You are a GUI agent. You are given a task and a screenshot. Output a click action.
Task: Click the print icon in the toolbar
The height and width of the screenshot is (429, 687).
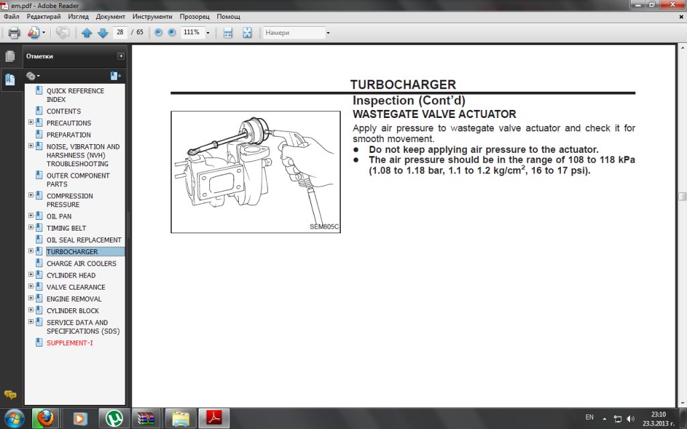click(x=14, y=32)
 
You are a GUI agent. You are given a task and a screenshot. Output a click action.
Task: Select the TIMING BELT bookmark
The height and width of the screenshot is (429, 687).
click(x=66, y=228)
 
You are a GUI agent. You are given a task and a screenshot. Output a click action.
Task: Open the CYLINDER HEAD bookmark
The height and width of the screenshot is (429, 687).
click(x=71, y=275)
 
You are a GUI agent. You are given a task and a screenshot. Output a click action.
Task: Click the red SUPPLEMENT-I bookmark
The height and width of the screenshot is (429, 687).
click(x=70, y=343)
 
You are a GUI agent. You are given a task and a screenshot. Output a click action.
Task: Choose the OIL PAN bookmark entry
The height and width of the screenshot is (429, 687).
click(x=59, y=217)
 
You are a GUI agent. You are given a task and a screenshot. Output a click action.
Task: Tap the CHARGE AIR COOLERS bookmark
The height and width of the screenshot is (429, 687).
click(x=81, y=263)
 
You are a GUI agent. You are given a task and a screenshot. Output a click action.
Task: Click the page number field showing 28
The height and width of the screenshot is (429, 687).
click(x=120, y=32)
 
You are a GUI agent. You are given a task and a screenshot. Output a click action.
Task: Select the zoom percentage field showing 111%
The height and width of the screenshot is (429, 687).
click(x=191, y=32)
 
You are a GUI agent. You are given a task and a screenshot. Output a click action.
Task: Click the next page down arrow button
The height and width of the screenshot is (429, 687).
click(x=103, y=33)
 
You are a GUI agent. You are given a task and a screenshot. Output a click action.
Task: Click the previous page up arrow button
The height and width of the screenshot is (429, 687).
click(x=87, y=33)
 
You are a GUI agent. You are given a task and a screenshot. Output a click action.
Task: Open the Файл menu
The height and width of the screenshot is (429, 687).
click(x=11, y=17)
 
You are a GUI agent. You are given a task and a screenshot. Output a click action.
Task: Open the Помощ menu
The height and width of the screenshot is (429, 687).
click(x=228, y=17)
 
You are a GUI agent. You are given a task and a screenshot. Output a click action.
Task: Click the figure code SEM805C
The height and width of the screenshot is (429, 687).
click(x=324, y=227)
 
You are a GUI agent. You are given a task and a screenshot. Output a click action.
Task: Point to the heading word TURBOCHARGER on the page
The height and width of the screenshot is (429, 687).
click(x=403, y=84)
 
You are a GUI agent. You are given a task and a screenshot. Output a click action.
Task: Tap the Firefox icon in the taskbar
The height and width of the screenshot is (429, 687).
click(x=45, y=418)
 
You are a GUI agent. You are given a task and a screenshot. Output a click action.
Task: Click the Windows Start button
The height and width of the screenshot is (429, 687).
click(x=15, y=418)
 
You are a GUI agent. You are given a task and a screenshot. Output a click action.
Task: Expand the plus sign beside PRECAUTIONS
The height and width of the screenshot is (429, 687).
click(x=31, y=122)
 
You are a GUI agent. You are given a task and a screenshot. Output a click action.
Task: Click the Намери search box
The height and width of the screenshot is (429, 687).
click(x=294, y=32)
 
